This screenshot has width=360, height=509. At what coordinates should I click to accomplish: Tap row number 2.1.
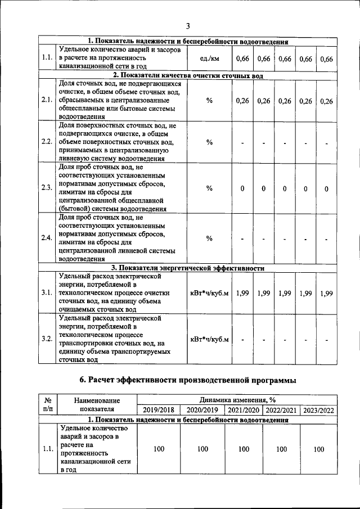pos(47,100)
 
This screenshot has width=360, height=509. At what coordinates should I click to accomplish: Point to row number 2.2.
pos(47,141)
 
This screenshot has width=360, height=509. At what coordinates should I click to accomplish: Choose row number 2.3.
pos(47,188)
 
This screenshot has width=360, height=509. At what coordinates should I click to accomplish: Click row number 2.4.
pos(47,238)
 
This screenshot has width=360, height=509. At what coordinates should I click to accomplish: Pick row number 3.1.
pos(47,293)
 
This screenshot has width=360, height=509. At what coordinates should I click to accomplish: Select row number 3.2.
pos(47,339)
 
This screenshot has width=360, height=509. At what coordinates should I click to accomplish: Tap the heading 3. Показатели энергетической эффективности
pos(188,268)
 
